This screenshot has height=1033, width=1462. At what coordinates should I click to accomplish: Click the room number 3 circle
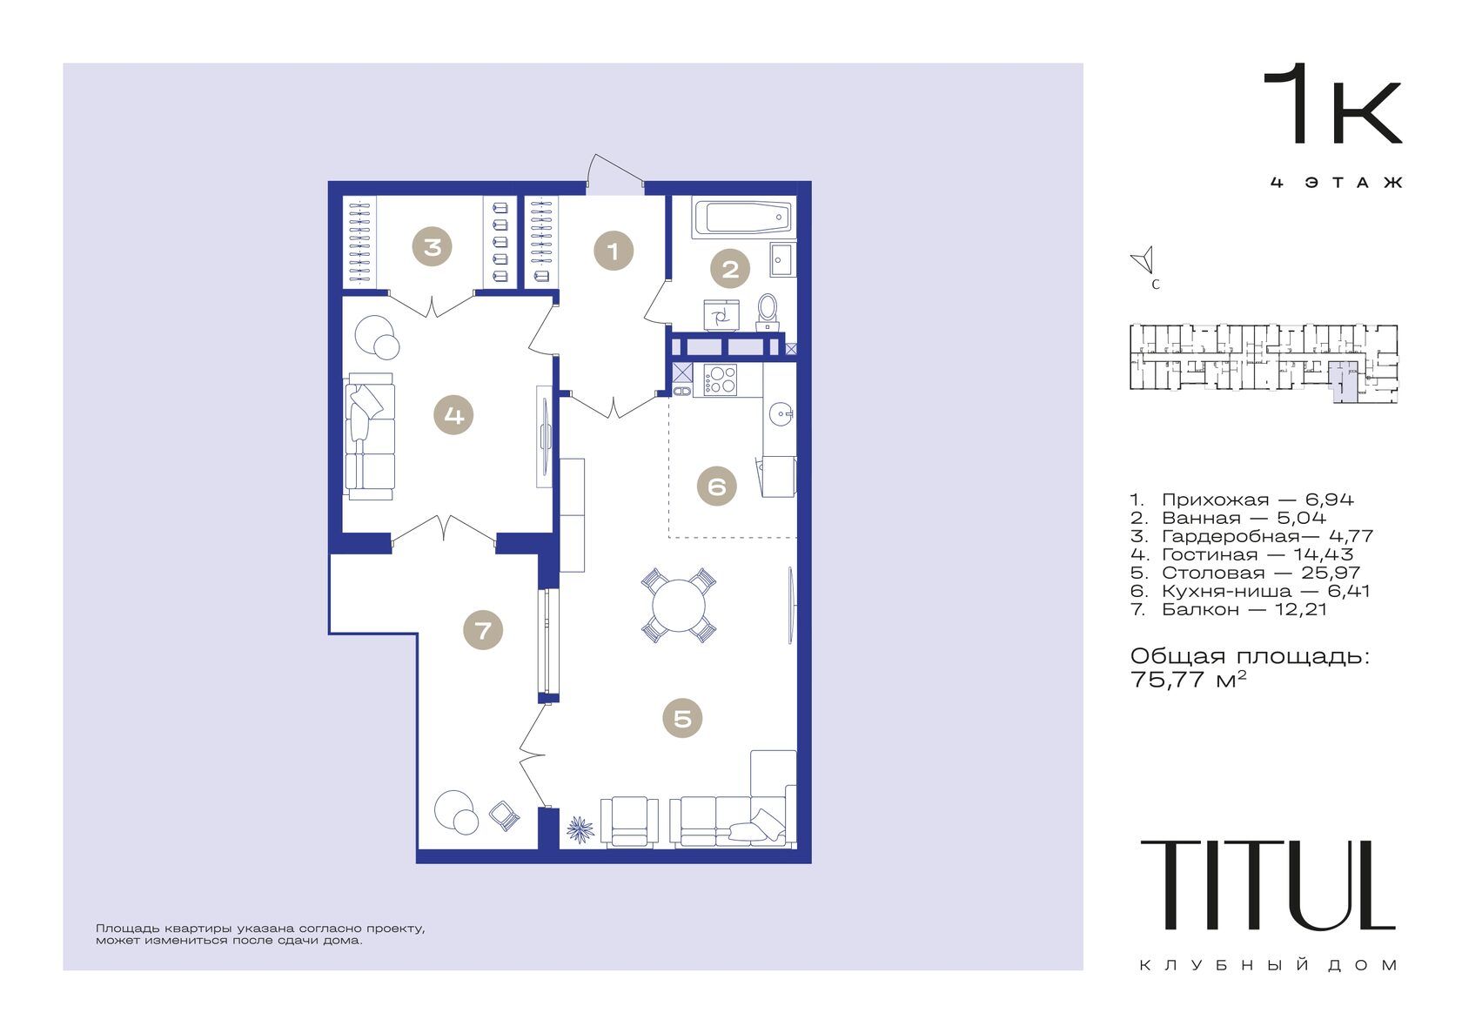tap(432, 246)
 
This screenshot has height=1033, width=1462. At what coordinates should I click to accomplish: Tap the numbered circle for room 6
tap(717, 486)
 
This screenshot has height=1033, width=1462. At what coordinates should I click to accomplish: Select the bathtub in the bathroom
tap(743, 218)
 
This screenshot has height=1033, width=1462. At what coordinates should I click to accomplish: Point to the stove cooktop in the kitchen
tap(720, 379)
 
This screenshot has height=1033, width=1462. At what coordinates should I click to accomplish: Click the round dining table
tap(679, 605)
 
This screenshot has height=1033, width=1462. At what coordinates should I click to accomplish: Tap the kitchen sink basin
tap(781, 413)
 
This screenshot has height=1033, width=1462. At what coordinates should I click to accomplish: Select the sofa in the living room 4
tap(369, 436)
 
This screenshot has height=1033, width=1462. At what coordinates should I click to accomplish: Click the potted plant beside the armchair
tap(580, 829)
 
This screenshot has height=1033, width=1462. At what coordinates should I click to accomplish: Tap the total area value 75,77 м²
tap(1188, 680)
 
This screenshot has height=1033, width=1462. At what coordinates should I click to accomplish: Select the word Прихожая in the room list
tap(1215, 500)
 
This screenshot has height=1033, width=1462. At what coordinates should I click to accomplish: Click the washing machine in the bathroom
tap(721, 316)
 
